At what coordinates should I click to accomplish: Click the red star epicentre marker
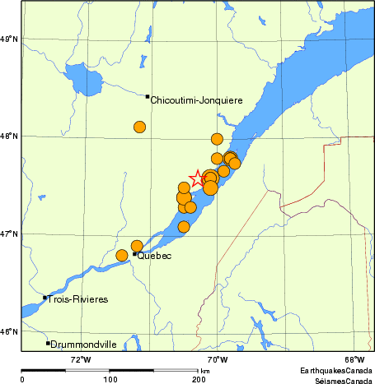[199, 178]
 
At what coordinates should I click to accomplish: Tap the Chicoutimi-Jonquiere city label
[196, 100]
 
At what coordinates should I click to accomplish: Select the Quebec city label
[154, 256]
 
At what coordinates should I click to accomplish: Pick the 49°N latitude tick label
[9, 39]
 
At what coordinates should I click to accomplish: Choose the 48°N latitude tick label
[9, 136]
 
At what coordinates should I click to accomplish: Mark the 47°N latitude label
[9, 234]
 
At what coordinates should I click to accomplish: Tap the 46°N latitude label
[9, 332]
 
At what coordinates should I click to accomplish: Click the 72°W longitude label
[79, 359]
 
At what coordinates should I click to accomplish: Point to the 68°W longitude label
[354, 359]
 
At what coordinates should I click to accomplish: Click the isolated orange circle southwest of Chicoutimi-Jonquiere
[139, 127]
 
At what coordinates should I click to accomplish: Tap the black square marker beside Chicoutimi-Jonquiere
[148, 96]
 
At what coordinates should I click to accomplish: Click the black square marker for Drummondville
[48, 343]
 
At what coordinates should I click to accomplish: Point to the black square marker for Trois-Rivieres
[45, 298]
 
